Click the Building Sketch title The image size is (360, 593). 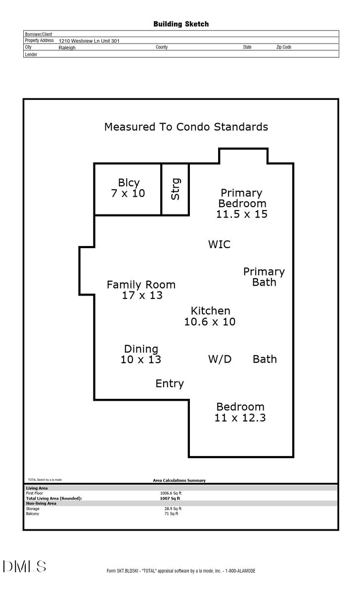pos(180,24)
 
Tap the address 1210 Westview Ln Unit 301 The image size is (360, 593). pos(89,42)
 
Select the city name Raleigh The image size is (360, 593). pos(67,48)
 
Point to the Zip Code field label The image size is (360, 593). pos(283,47)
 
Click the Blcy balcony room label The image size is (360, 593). pos(128,182)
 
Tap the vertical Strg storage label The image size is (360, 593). pos(175,189)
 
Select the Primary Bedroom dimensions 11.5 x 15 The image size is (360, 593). pos(242,214)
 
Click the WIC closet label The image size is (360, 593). pos(219,244)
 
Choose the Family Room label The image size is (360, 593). pos(141,285)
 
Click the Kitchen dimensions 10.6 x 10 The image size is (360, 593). pos(210,322)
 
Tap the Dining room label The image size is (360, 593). pos(141,349)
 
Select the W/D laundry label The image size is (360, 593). pos(220,359)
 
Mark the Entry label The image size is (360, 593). pos(170,383)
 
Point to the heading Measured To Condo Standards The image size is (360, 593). pos(186,127)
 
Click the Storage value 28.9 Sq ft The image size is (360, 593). pos(173,508)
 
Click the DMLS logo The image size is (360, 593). pos(24,566)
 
